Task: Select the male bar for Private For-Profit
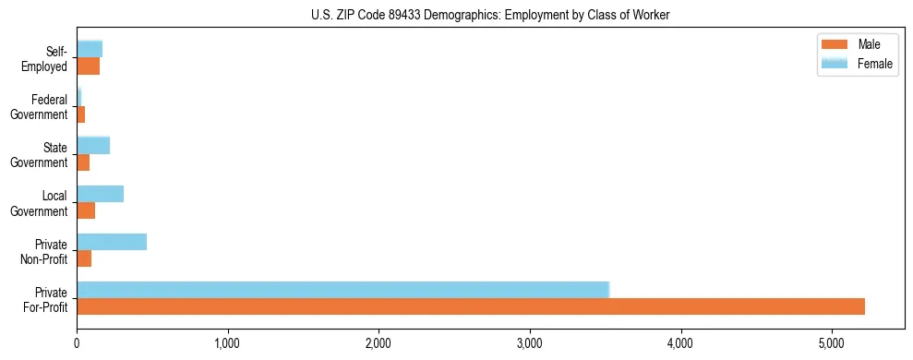click(471, 307)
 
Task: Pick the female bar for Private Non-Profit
click(112, 242)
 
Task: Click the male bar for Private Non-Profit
click(84, 259)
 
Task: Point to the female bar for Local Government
click(100, 194)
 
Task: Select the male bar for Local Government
click(86, 211)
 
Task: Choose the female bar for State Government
click(93, 145)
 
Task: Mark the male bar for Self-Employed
click(88, 66)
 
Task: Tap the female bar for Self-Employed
click(90, 49)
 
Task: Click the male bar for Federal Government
click(80, 114)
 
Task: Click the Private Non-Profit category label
click(45, 251)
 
